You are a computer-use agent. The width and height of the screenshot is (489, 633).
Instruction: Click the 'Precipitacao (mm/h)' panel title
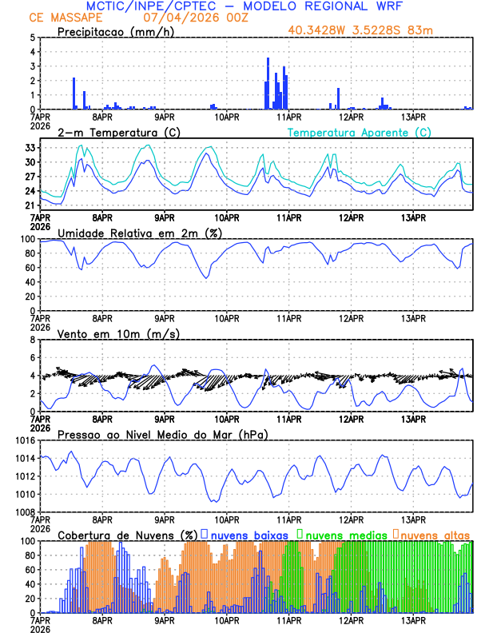(x=113, y=32)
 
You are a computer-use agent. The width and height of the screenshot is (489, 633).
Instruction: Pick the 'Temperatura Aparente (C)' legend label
(x=360, y=132)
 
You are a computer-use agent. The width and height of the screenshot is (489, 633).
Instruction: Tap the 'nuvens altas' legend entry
(x=435, y=535)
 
